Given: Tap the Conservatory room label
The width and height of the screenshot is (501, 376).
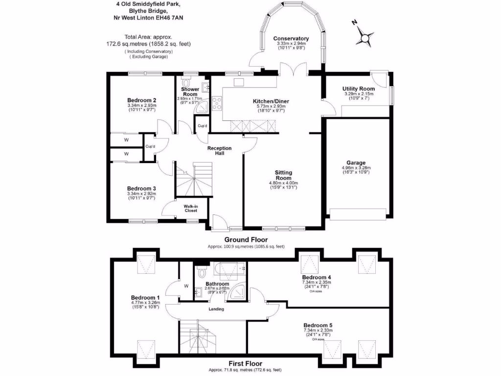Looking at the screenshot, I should [291, 39].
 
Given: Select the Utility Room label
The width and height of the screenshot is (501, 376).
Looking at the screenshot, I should [359, 89].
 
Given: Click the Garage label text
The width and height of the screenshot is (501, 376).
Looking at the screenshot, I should [357, 163].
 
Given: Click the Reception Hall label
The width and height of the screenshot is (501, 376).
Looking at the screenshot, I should [219, 151].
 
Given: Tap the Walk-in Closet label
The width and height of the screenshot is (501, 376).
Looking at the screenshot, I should [190, 209].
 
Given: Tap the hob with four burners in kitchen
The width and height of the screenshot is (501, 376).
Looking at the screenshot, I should [216, 104].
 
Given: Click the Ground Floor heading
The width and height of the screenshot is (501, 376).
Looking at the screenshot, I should [246, 239].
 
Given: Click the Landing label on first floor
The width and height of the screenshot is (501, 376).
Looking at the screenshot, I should [216, 309].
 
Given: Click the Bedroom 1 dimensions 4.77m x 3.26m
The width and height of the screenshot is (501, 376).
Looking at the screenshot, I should [145, 303].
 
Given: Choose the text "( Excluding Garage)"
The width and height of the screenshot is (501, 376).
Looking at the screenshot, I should [148, 57].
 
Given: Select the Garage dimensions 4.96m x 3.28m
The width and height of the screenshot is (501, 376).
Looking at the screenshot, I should [357, 168].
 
